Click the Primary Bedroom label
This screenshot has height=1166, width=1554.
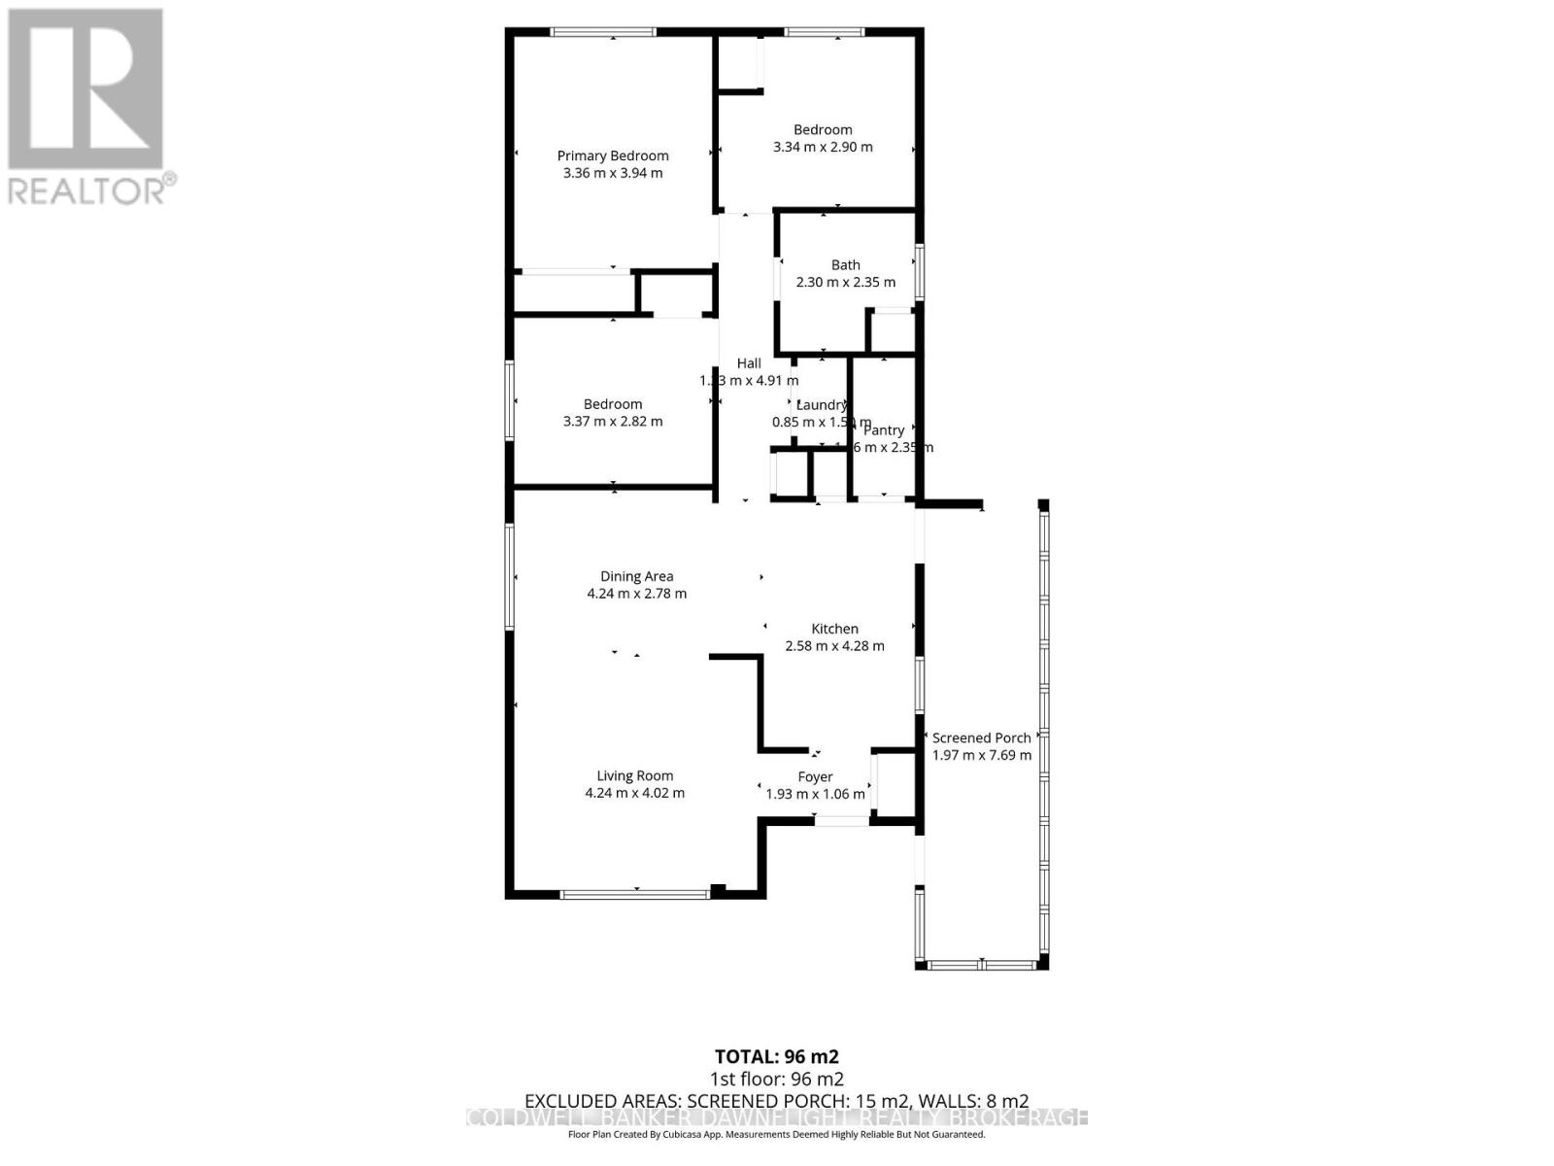pyautogui.click(x=613, y=155)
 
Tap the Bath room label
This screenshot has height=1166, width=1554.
pyautogui.click(x=845, y=264)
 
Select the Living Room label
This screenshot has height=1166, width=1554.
pyautogui.click(x=634, y=775)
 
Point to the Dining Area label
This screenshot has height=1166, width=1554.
pyautogui.click(x=636, y=576)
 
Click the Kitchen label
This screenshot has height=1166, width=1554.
pyautogui.click(x=834, y=629)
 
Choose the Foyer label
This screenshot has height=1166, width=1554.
pyautogui.click(x=815, y=776)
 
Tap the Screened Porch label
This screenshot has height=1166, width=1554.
pyautogui.click(x=981, y=737)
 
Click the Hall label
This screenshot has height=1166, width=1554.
pyautogui.click(x=748, y=363)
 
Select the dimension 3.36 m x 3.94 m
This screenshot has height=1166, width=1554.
pyautogui.click(x=613, y=173)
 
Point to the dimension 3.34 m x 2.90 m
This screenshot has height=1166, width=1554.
pyautogui.click(x=823, y=148)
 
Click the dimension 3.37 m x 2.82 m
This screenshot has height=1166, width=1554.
pyautogui.click(x=613, y=422)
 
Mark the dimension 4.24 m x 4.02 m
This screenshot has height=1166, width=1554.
pyautogui.click(x=634, y=793)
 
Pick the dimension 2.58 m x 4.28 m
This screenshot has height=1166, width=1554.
pyautogui.click(x=834, y=646)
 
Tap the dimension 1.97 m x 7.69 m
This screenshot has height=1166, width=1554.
pyautogui.click(x=981, y=755)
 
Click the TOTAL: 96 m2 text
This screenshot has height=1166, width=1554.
pyautogui.click(x=776, y=1056)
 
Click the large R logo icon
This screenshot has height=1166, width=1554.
pyautogui.click(x=85, y=89)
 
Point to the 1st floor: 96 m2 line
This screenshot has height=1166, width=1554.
pyautogui.click(x=776, y=1079)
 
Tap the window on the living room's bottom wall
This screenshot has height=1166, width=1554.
pyautogui.click(x=635, y=893)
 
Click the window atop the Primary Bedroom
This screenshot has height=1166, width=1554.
pyautogui.click(x=603, y=32)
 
